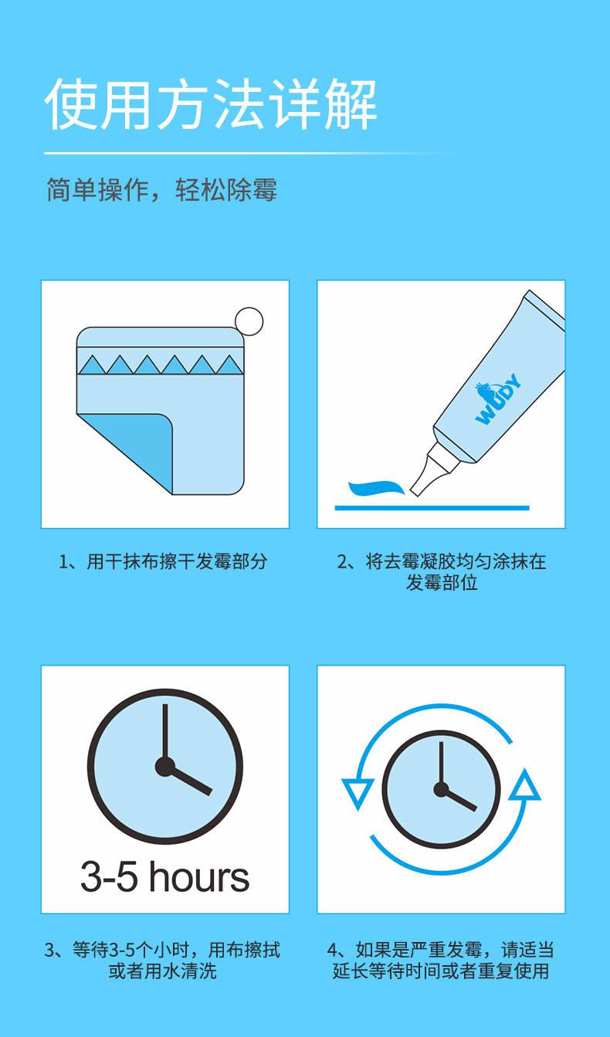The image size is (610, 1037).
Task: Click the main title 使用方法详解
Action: pyautogui.click(x=211, y=104)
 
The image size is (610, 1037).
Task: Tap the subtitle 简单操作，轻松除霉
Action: pyautogui.click(x=161, y=190)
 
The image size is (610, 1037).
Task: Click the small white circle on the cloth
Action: pyautogui.click(x=249, y=321)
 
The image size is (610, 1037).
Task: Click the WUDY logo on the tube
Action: pyautogui.click(x=498, y=399)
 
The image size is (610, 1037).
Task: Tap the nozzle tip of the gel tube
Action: pyautogui.click(x=414, y=492)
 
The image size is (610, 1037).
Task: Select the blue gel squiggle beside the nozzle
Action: pyautogui.click(x=376, y=487)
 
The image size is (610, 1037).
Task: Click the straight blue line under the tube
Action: pyautogui.click(x=432, y=508)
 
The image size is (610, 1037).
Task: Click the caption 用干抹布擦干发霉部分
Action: pyautogui.click(x=163, y=561)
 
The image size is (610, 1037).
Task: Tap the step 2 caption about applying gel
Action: pyautogui.click(x=442, y=571)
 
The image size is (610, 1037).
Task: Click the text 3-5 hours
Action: pyautogui.click(x=164, y=876)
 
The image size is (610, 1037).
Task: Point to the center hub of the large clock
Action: pyautogui.click(x=164, y=767)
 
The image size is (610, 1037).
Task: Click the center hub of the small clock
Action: pyautogui.click(x=441, y=789)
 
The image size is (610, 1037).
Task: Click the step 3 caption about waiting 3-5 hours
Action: pyautogui.click(x=162, y=960)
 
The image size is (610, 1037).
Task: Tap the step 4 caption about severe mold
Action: pyautogui.click(x=441, y=960)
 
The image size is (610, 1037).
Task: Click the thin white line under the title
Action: pyautogui.click(x=250, y=153)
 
